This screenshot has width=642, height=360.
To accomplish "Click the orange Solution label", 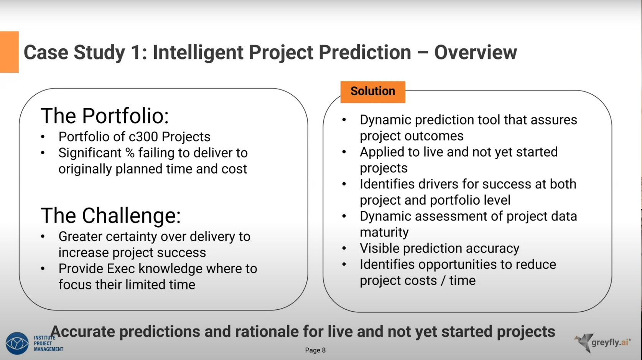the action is coord(373,92).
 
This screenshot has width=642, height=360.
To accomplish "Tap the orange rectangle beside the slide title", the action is coord(9,52).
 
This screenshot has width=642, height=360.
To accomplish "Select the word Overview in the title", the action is coord(476,52).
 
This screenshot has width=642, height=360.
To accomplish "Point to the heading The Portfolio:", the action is coord(105,116).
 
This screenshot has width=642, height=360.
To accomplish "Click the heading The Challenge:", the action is coord(110,215).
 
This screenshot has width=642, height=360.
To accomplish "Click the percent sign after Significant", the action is coord(130,153).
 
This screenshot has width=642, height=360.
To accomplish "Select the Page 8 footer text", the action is coord(315,350).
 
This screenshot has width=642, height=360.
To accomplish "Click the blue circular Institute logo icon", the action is coord(17,343).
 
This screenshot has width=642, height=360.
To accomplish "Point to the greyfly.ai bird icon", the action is coord(583,342).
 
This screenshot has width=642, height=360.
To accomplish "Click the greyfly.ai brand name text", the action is coord(611,342).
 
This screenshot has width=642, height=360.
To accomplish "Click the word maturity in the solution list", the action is coord(384,232).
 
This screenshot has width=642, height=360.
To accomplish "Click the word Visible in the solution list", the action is coord(379,248).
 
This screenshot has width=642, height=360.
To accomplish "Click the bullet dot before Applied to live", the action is coord(344,152).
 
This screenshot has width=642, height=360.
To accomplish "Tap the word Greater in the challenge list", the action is coord(80,237).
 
